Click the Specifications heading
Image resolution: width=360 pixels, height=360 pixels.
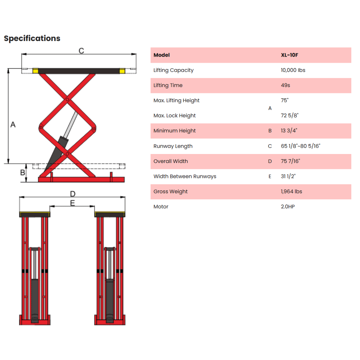pyautogui.click(x=32, y=39)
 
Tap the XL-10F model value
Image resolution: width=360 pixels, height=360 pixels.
pyautogui.click(x=290, y=55)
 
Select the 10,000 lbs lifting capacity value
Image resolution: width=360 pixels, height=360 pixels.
pyautogui.click(x=293, y=70)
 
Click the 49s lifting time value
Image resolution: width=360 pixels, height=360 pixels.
pyautogui.click(x=285, y=85)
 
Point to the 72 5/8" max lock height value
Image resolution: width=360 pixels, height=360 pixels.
pyautogui.click(x=290, y=115)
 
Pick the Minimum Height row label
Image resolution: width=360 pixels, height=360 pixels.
pyautogui.click(x=174, y=131)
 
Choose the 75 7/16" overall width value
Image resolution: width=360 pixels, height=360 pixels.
pyautogui.click(x=290, y=161)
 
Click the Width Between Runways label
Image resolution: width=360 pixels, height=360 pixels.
pyautogui.click(x=185, y=176)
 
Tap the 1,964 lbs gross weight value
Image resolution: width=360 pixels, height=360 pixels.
pyautogui.click(x=291, y=191)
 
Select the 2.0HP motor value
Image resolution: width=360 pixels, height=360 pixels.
pyautogui.click(x=288, y=207)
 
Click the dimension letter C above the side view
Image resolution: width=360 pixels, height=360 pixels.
pyautogui.click(x=81, y=51)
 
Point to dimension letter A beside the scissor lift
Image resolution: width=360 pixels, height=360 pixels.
pyautogui.click(x=13, y=124)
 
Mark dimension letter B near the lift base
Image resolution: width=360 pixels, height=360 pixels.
pyautogui.click(x=23, y=172)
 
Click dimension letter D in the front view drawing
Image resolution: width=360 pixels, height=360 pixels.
pyautogui.click(x=73, y=194)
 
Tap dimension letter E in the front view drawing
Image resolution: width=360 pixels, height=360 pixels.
pyautogui.click(x=73, y=203)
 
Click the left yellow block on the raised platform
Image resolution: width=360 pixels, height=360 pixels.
pyautogui.click(x=35, y=71)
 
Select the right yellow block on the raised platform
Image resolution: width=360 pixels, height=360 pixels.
pyautogui.click(x=122, y=71)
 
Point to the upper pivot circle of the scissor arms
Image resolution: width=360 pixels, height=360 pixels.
pyautogui.click(x=67, y=100)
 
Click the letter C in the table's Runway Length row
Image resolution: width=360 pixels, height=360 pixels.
pyautogui.click(x=270, y=146)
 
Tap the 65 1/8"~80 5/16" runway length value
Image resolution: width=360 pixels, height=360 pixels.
pyautogui.click(x=301, y=146)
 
